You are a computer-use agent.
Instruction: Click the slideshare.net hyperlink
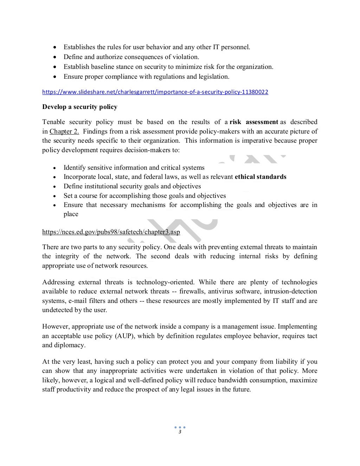[155, 92]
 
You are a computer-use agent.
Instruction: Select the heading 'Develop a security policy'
[80, 107]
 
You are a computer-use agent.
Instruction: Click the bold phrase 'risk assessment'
[254, 122]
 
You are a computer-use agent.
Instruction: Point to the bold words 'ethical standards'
[261, 177]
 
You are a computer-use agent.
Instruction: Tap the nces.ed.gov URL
[111, 232]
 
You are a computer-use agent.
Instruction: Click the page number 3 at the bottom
[180, 432]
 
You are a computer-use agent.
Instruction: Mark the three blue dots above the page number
[180, 427]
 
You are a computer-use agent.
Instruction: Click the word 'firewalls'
[192, 291]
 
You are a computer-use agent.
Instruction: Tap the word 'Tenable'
[53, 122]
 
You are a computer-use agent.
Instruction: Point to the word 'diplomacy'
[71, 345]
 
